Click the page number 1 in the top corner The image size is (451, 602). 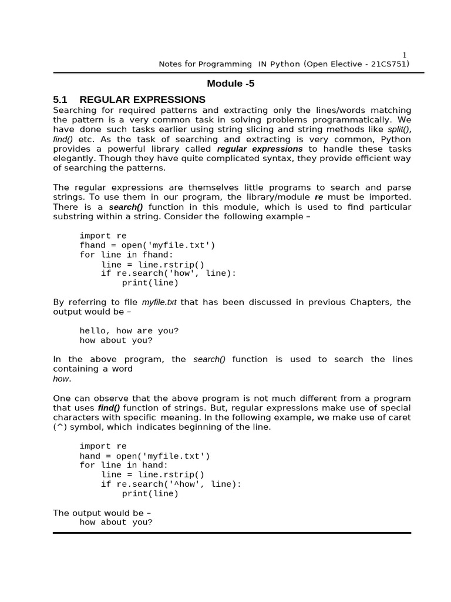point(404,55)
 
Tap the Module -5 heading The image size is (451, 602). point(231,83)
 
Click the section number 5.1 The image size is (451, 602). point(61,99)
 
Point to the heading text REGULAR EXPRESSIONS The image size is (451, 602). point(142,99)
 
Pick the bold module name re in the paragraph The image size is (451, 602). point(319,197)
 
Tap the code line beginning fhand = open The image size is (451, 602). point(147,245)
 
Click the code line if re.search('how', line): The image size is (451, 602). point(169,273)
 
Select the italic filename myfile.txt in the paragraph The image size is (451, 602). point(159,302)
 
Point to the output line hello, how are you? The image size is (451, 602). point(129,331)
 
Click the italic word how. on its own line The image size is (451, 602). point(62,379)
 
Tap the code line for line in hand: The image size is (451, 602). point(123,465)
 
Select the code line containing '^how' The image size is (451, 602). point(171,484)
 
